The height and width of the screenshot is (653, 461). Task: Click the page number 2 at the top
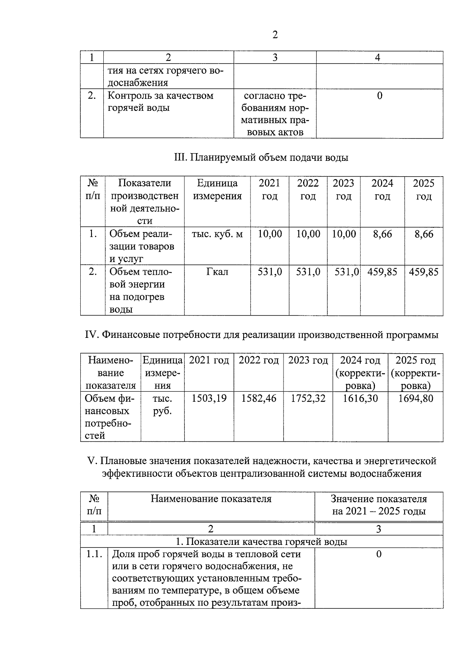[x=275, y=35]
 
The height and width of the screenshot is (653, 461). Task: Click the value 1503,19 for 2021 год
[x=209, y=398]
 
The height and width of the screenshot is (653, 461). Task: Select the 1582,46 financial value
[x=259, y=398]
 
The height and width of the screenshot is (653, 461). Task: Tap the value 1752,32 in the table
[x=308, y=398]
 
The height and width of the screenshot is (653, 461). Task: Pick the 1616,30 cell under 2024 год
[x=360, y=398]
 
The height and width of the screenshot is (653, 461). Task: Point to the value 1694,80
[x=416, y=398]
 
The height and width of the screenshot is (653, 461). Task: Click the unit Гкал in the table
[x=217, y=272]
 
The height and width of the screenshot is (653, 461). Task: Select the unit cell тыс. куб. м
[x=217, y=234]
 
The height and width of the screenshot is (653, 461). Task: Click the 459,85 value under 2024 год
[x=382, y=272]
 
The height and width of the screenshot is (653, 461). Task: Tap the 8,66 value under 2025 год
[x=424, y=234]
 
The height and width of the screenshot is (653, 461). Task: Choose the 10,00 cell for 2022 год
[x=308, y=234]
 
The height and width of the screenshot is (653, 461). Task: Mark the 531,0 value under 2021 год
[x=270, y=272]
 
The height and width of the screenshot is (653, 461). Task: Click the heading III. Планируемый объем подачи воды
[x=261, y=157]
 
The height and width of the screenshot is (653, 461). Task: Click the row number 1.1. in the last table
[x=94, y=554]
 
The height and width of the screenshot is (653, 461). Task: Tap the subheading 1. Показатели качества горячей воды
[x=261, y=542]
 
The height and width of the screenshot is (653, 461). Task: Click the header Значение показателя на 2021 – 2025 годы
[x=379, y=505]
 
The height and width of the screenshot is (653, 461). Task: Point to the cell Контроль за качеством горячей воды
[x=160, y=102]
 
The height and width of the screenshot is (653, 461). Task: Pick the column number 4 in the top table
[x=378, y=58]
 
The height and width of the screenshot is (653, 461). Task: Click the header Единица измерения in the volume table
[x=217, y=190]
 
